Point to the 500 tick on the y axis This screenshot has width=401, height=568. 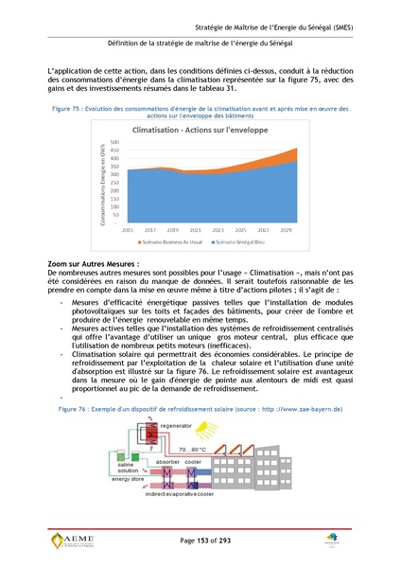pyautogui.click(x=115, y=142)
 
